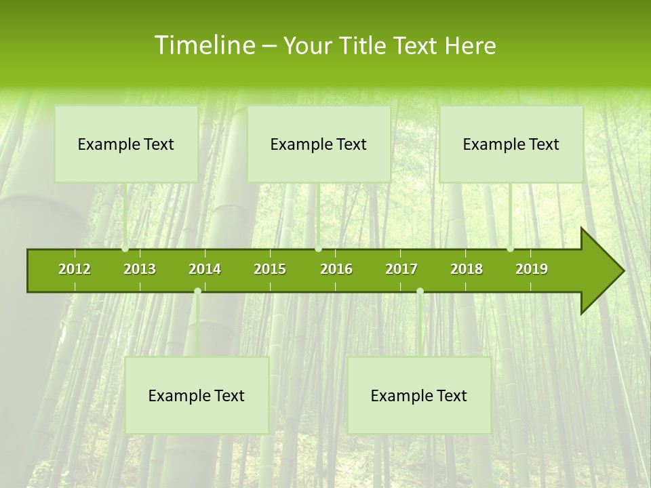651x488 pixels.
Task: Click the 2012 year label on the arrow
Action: (75, 269)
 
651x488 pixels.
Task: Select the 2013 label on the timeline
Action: (140, 269)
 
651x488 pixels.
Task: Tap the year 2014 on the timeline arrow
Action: (205, 269)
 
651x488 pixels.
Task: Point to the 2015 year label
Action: (270, 269)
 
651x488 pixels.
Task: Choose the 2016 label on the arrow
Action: (336, 269)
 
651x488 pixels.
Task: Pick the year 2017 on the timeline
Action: (401, 269)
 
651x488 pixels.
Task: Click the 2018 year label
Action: (467, 269)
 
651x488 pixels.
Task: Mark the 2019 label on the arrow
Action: (532, 269)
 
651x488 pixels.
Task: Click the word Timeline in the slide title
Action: (203, 45)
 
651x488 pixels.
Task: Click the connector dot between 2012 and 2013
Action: (125, 249)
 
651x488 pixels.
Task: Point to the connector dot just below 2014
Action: (197, 291)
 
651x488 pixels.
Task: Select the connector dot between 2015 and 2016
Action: (318, 249)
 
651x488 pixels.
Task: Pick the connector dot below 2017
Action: (420, 291)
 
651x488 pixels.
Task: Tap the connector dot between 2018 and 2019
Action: (511, 249)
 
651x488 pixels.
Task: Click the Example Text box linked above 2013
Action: (126, 144)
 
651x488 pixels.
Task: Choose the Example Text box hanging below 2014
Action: (197, 395)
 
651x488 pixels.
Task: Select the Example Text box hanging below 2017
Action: (419, 395)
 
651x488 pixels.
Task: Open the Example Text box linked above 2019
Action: (511, 144)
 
